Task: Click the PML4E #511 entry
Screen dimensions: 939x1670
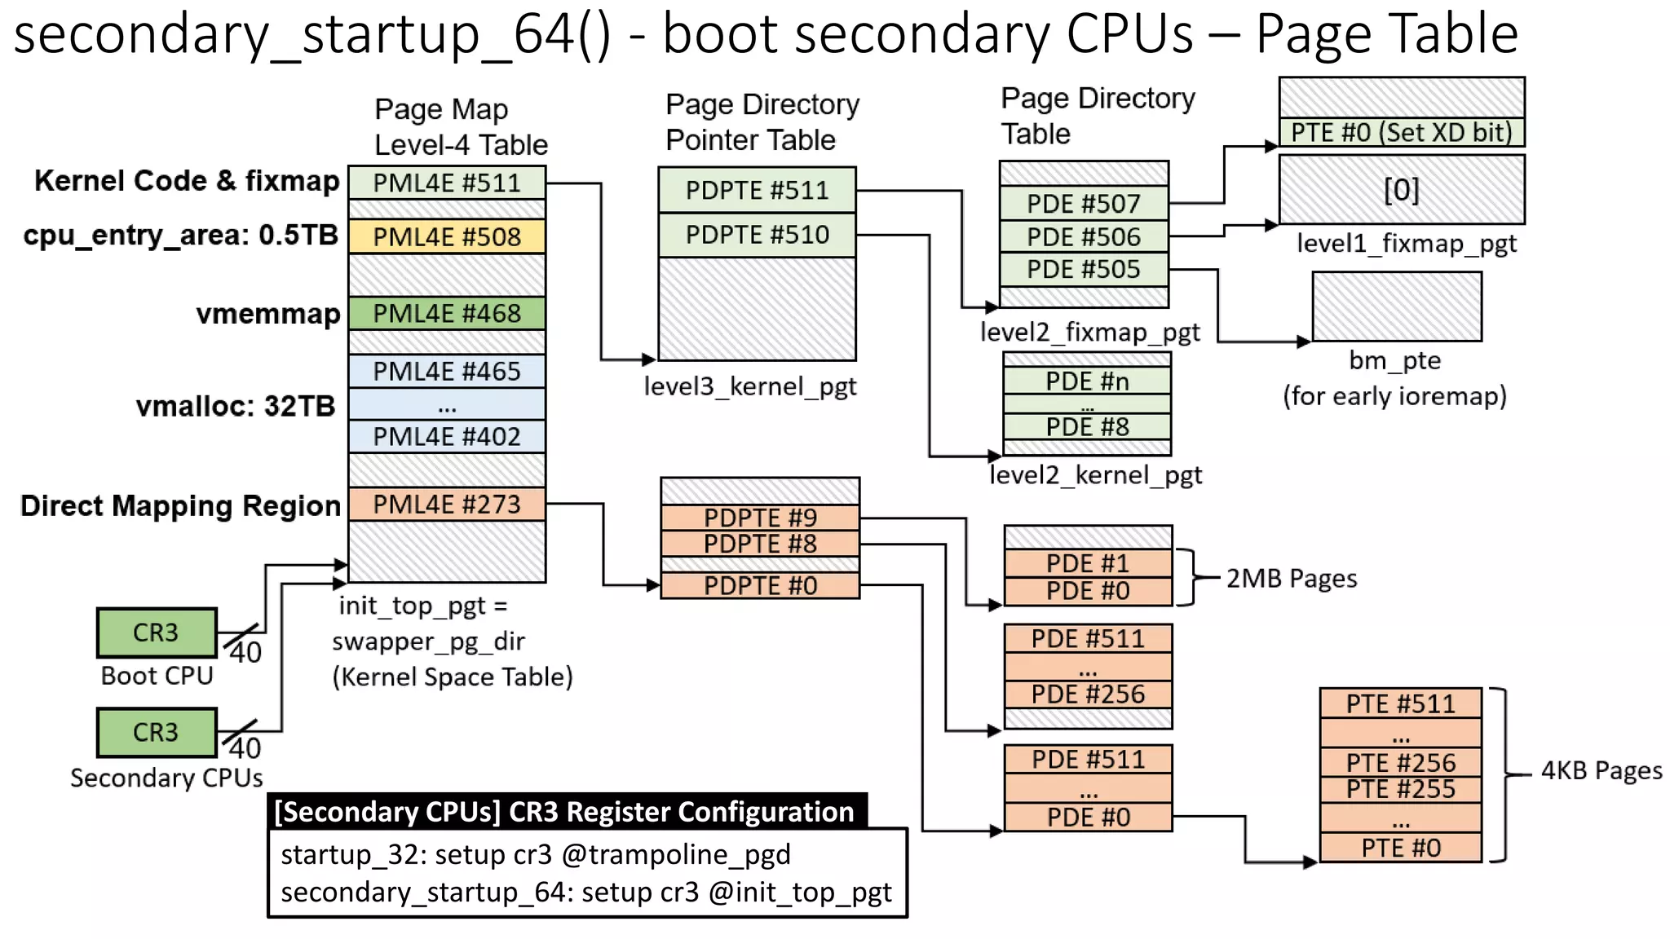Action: [x=447, y=183]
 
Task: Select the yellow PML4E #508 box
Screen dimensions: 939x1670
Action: [x=447, y=236]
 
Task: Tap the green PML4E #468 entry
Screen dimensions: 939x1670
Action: [x=447, y=313]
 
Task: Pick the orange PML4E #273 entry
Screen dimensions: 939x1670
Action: [x=447, y=504]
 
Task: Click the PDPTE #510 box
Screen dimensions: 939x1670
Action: [x=757, y=235]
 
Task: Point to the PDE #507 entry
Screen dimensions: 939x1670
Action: [x=1083, y=204]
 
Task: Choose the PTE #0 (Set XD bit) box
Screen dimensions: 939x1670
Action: [x=1401, y=132]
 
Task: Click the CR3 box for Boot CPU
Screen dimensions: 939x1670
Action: [x=157, y=633]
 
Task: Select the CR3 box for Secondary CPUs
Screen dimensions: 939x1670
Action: [x=157, y=732]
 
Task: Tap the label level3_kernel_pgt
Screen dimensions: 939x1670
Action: [x=750, y=386]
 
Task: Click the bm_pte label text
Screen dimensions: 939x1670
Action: [x=1394, y=360]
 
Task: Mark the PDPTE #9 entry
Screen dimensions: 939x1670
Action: [x=760, y=517]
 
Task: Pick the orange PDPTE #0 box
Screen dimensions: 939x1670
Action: [x=760, y=585]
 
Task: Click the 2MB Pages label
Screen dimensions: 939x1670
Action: [x=1292, y=579]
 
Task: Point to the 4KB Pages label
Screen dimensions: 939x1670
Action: [x=1601, y=771]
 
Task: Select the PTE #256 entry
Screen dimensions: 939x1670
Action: [x=1400, y=763]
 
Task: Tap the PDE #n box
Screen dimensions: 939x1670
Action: [x=1087, y=381]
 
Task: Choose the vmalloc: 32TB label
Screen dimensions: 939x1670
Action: [x=235, y=406]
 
